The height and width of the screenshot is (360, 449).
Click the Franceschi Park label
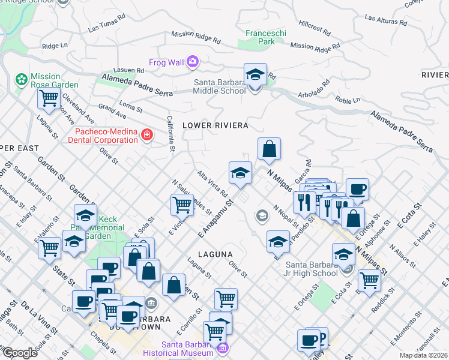260,37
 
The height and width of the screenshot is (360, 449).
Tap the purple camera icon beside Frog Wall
192,61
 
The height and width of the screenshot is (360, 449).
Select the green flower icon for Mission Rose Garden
22,79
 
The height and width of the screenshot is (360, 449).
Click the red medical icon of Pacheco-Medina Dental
146,134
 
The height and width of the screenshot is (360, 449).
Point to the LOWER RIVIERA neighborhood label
215,125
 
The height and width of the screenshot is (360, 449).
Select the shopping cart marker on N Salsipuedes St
182,205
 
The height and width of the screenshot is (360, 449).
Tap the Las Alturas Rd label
390,22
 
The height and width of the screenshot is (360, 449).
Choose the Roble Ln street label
348,100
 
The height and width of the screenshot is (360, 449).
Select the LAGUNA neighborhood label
215,254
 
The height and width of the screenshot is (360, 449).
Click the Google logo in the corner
20,353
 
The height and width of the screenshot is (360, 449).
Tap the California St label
171,133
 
